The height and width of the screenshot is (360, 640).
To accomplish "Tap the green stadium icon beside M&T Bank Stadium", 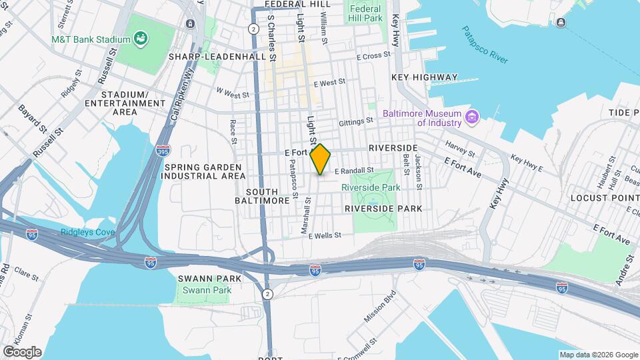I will point(141,39).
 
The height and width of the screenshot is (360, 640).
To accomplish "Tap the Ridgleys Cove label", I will point(88,232).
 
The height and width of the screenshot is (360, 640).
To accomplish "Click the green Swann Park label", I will point(207,290).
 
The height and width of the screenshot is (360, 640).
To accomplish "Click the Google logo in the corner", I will point(22,352).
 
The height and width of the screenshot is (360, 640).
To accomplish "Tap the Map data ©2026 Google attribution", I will point(598,355).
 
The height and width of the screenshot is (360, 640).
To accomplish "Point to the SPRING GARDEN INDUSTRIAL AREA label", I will point(205,171).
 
